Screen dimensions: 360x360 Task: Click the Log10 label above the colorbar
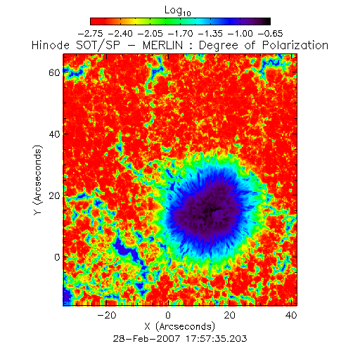pyautogui.click(x=178, y=11)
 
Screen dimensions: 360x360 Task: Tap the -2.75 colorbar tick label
pyautogui.click(x=90, y=34)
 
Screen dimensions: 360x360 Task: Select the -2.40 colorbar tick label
pyautogui.click(x=120, y=34)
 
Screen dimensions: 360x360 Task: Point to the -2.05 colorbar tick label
pyautogui.click(x=150, y=34)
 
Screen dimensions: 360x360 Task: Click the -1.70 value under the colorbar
pyautogui.click(x=181, y=34)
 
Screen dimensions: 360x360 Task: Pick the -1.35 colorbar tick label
pyautogui.click(x=210, y=34)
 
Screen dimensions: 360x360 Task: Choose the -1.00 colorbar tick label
pyautogui.click(x=240, y=34)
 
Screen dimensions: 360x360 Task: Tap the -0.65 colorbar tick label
pyautogui.click(x=271, y=34)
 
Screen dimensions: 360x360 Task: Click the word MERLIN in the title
pyautogui.click(x=162, y=45)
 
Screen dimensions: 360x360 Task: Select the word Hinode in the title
pyautogui.click(x=51, y=45)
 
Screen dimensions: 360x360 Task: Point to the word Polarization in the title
pyautogui.click(x=295, y=45)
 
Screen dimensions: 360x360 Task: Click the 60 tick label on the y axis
pyautogui.click(x=54, y=72)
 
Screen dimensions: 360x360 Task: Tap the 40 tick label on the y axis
pyautogui.click(x=54, y=134)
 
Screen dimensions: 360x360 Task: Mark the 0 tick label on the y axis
pyautogui.click(x=57, y=257)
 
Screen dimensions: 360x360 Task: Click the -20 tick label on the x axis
pyautogui.click(x=107, y=315)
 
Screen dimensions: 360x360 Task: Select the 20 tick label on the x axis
pyautogui.click(x=230, y=315)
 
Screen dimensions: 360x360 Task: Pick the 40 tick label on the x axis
pyautogui.click(x=291, y=315)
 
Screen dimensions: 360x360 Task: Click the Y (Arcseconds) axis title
pyautogui.click(x=38, y=180)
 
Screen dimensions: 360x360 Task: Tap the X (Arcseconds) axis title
pyautogui.click(x=180, y=327)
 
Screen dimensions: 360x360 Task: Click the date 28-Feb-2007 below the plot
pyautogui.click(x=147, y=339)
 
